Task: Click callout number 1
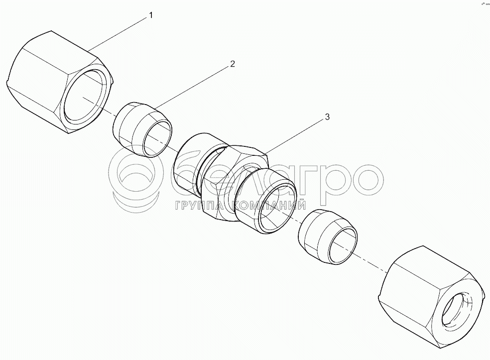click(151, 15)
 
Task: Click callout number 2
click(232, 64)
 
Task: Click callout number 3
click(327, 117)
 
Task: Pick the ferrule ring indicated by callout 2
click(142, 129)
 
